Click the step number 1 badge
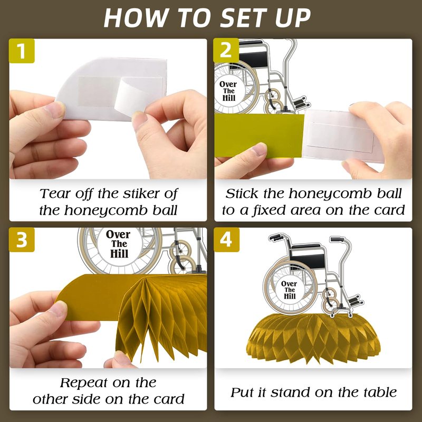(22, 51)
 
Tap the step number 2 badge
(226, 50)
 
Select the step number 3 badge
(22, 239)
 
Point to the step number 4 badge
(227, 239)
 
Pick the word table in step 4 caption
(380, 392)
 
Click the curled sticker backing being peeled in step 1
(131, 96)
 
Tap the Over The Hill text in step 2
(228, 91)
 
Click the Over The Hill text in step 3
(119, 244)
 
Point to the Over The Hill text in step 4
(289, 290)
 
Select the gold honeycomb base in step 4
(313, 339)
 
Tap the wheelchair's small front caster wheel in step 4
(331, 305)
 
